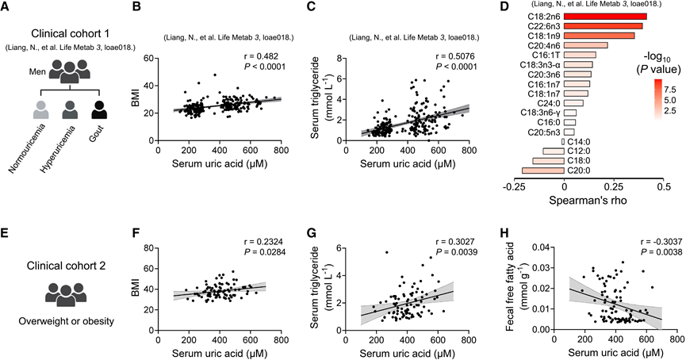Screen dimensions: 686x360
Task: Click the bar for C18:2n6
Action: (x=605, y=17)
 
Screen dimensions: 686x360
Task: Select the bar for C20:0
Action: (x=543, y=170)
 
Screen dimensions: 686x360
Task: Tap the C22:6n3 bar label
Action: (x=542, y=26)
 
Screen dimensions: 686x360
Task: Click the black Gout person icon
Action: (x=99, y=110)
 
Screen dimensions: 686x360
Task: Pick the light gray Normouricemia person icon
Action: (x=41, y=110)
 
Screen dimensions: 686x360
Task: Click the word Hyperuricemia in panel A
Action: (x=57, y=149)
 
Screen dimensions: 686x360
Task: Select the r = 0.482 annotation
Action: (x=261, y=56)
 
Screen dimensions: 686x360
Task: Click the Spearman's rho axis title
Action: (x=588, y=201)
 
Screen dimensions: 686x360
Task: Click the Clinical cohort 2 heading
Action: (x=66, y=266)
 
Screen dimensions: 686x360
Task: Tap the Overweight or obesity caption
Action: (x=66, y=321)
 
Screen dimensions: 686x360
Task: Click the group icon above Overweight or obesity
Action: (x=66, y=294)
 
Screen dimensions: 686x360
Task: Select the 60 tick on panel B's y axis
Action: (x=150, y=58)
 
